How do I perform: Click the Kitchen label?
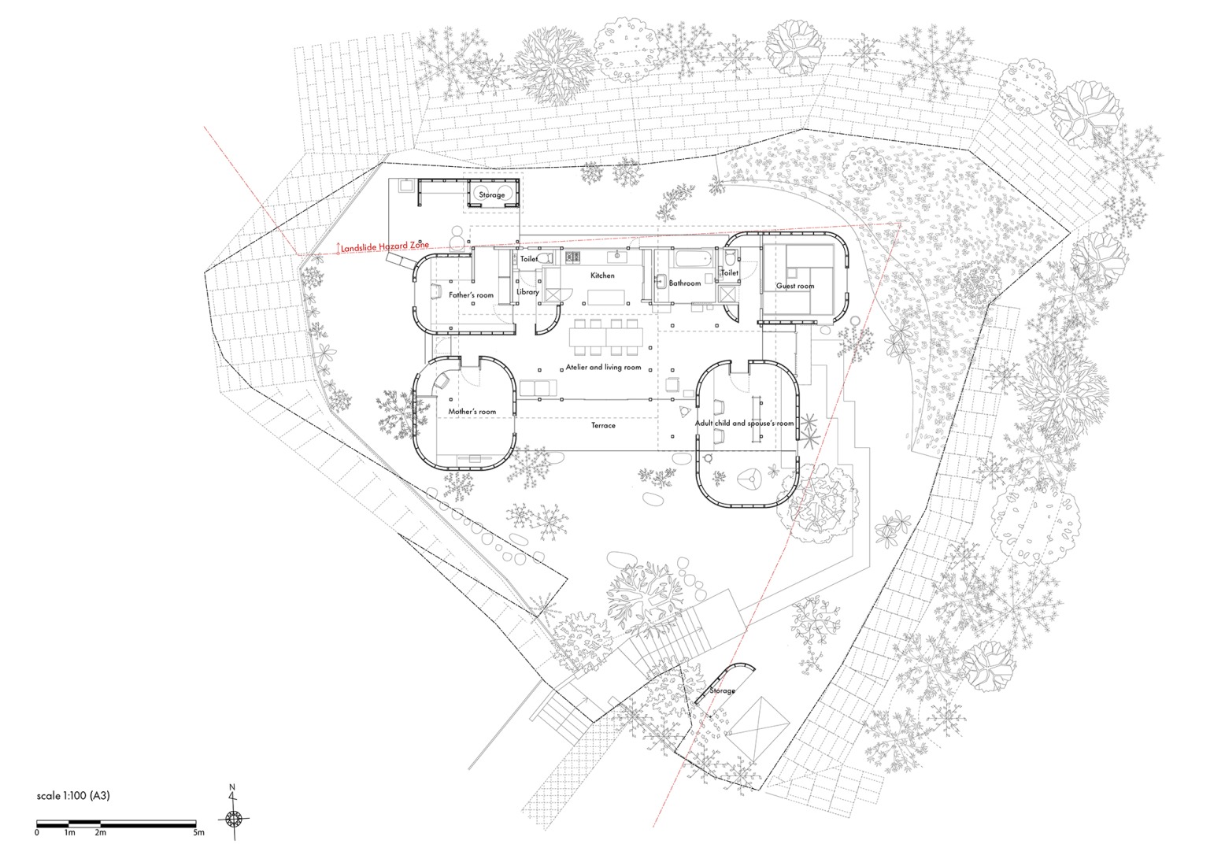pyautogui.click(x=602, y=276)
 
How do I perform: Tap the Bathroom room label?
pyautogui.click(x=684, y=283)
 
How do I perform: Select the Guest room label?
pyautogui.click(x=795, y=286)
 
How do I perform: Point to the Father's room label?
pyautogui.click(x=471, y=295)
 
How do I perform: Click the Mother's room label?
pyautogui.click(x=472, y=412)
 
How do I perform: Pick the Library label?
pyautogui.click(x=527, y=292)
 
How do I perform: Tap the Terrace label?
pyautogui.click(x=603, y=425)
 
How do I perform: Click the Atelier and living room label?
pyautogui.click(x=603, y=368)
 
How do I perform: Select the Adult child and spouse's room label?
pyautogui.click(x=744, y=424)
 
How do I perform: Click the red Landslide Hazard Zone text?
pyautogui.click(x=385, y=247)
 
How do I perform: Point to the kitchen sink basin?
pyautogui.click(x=611, y=256)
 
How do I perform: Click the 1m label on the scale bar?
pyautogui.click(x=69, y=832)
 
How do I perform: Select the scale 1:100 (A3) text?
pyautogui.click(x=73, y=796)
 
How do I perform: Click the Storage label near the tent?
pyautogui.click(x=722, y=690)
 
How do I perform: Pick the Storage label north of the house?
pyautogui.click(x=492, y=194)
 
